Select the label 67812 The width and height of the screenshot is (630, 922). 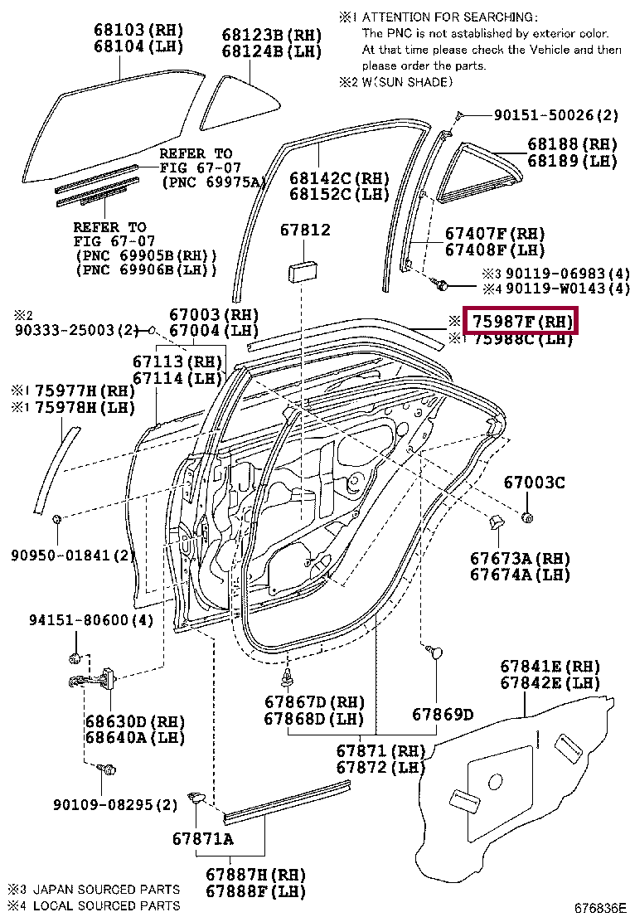pyautogui.click(x=303, y=230)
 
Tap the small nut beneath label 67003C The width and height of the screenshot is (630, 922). pyautogui.click(x=529, y=518)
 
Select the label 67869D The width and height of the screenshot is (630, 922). pyautogui.click(x=442, y=714)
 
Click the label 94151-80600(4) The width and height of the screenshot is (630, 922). pyautogui.click(x=91, y=619)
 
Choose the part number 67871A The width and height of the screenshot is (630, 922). pyautogui.click(x=202, y=838)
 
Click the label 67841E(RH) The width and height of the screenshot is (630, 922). pyautogui.click(x=550, y=667)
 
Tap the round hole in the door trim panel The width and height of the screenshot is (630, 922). pyautogui.click(x=495, y=781)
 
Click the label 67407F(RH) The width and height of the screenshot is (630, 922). pyautogui.click(x=495, y=233)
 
